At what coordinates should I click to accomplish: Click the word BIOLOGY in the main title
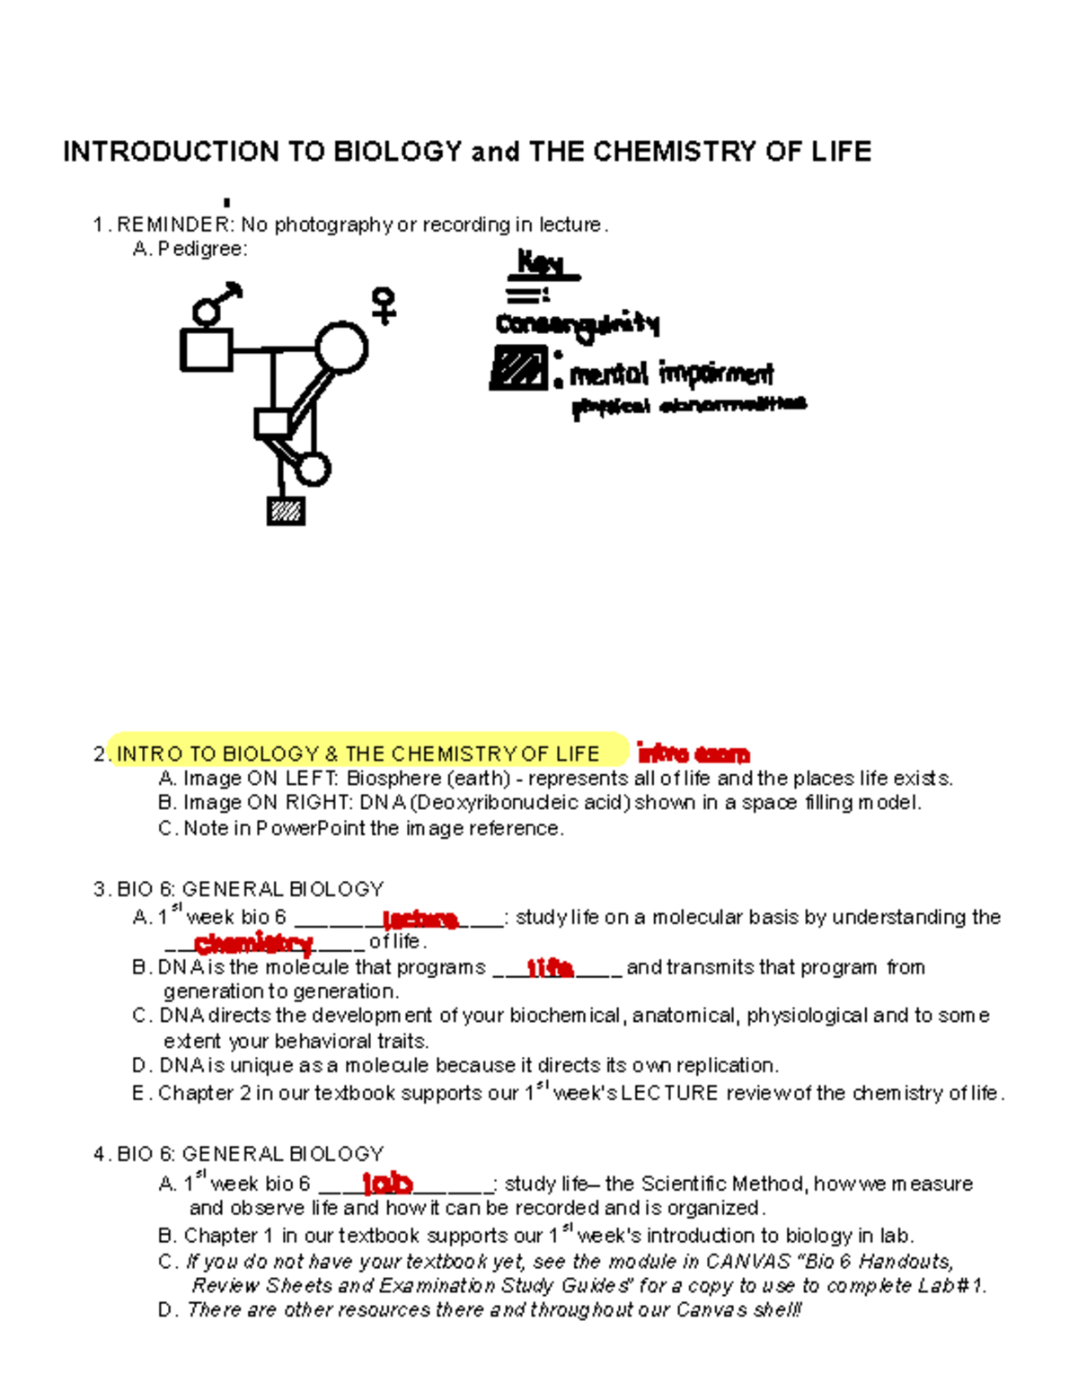click(x=397, y=151)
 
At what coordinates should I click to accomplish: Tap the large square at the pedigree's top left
click(x=207, y=349)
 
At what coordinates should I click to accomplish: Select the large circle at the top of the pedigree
click(x=341, y=347)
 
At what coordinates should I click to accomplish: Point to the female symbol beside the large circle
click(x=384, y=305)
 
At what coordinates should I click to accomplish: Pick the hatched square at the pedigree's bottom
click(x=286, y=510)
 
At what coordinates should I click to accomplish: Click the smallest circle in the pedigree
click(x=313, y=469)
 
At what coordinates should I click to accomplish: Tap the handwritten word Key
click(x=541, y=263)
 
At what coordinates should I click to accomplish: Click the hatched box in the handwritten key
click(x=518, y=368)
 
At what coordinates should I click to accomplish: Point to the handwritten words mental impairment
click(x=671, y=373)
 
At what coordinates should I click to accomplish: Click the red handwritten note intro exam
click(x=693, y=753)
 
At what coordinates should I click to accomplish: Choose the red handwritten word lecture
click(x=420, y=919)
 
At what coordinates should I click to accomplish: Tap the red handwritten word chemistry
click(x=253, y=943)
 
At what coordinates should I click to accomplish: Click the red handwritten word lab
click(x=387, y=1183)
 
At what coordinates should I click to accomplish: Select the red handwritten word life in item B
click(x=550, y=967)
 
